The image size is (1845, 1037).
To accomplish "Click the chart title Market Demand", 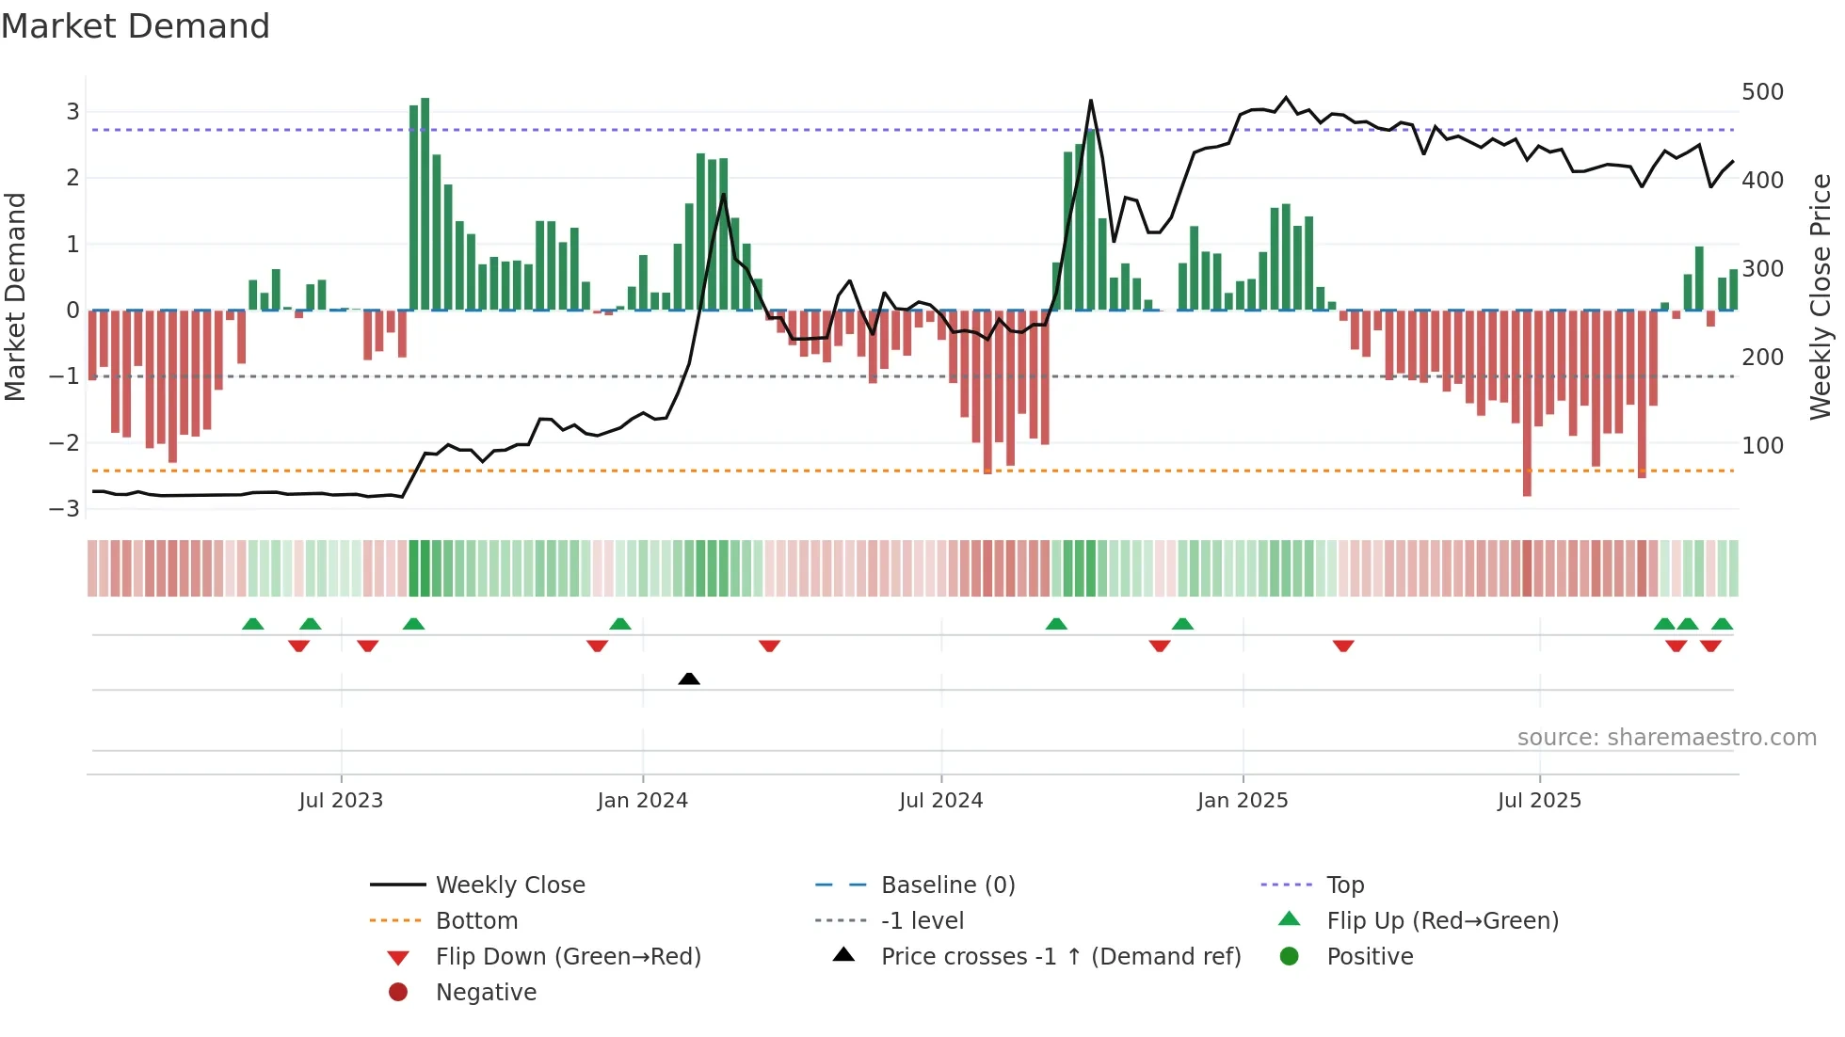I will [x=136, y=26].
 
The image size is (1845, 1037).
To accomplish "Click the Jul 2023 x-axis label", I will [x=341, y=801].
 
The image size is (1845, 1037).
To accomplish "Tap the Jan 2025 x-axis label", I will [x=1242, y=801].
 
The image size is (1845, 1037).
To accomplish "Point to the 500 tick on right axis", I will [x=1762, y=92].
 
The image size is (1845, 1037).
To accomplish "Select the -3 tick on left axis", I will [x=65, y=509].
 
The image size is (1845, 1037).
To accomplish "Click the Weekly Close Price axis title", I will [x=1821, y=296].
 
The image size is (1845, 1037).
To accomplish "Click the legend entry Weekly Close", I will [x=509, y=885].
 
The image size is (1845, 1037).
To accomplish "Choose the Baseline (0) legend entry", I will [x=947, y=885].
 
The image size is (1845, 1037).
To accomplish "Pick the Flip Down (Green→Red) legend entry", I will [x=568, y=957].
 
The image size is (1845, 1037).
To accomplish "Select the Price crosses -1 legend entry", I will [x=1060, y=957].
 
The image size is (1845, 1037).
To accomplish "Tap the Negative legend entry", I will [x=486, y=993].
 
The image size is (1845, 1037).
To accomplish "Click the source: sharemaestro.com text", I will [x=1666, y=738].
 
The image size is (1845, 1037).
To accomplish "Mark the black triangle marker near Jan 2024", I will [x=689, y=678].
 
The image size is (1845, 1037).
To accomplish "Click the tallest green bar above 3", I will [x=425, y=202].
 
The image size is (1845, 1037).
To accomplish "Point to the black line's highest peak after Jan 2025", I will [x=1286, y=98].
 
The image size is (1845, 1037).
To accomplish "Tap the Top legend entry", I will [x=1344, y=885].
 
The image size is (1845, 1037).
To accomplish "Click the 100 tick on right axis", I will [x=1762, y=445].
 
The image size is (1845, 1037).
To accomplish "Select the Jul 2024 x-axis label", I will [x=940, y=801].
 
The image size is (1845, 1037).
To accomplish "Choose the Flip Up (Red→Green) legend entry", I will [x=1441, y=921].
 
